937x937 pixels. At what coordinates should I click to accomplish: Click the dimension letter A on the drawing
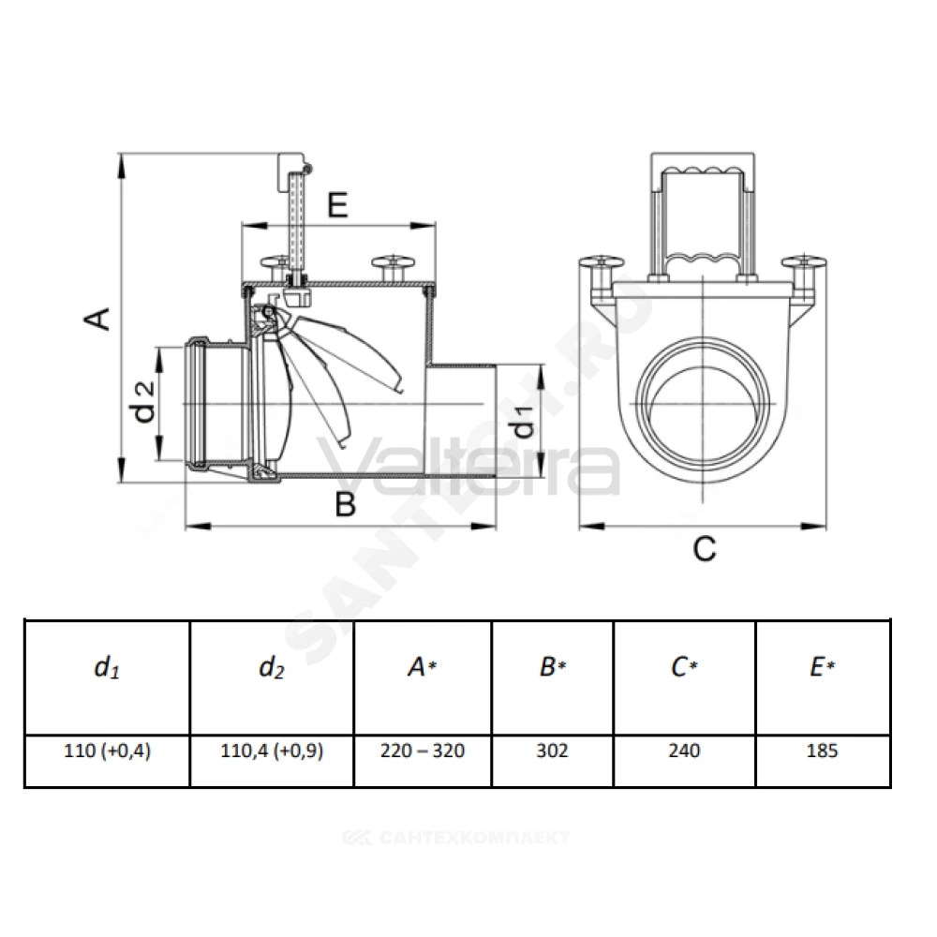97,319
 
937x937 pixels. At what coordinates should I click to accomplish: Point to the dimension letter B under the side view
346,504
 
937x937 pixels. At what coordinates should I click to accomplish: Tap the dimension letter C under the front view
705,548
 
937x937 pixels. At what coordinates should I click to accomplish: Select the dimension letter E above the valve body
337,205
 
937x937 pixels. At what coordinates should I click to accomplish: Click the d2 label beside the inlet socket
144,402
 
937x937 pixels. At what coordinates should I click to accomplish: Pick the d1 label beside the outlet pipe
524,421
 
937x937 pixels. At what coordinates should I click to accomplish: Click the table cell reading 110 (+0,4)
108,751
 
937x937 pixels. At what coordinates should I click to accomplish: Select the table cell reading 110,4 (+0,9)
272,751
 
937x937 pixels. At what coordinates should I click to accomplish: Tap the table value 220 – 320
423,751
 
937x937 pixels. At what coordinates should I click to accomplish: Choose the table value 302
552,751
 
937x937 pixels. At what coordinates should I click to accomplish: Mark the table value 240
684,751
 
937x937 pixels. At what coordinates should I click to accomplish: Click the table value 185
823,751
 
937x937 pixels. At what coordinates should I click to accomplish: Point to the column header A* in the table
423,667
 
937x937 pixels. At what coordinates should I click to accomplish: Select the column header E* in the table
823,667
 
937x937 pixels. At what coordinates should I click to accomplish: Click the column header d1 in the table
108,667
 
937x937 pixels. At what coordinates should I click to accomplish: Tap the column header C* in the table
684,667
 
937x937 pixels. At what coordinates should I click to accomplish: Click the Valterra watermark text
469,465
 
